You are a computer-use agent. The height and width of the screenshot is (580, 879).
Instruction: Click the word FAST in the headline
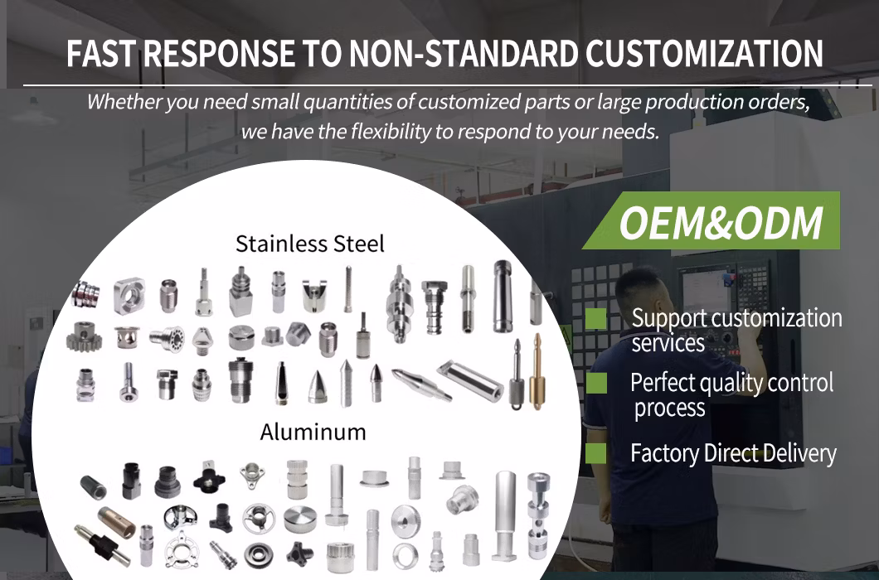pyautogui.click(x=101, y=53)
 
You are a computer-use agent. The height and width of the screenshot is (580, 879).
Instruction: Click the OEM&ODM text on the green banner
pyautogui.click(x=721, y=223)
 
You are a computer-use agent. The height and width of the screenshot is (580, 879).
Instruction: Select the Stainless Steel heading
pyautogui.click(x=310, y=244)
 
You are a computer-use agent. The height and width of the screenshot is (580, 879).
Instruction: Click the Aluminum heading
pyautogui.click(x=313, y=432)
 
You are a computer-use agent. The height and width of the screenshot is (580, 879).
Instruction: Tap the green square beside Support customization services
pyautogui.click(x=596, y=319)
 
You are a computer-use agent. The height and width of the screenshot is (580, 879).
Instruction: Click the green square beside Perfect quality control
pyautogui.click(x=596, y=384)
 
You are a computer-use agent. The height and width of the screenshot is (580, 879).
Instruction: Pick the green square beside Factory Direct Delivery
pyautogui.click(x=596, y=452)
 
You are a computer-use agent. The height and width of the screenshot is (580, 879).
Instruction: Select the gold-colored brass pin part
pyautogui.click(x=537, y=371)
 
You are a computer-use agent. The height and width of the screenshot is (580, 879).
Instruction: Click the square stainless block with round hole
pyautogui.click(x=129, y=295)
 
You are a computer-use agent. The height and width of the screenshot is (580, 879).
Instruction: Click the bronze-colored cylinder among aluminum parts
pyautogui.click(x=116, y=522)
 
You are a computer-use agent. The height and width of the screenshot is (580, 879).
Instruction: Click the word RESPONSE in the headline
pyautogui.click(x=219, y=53)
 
